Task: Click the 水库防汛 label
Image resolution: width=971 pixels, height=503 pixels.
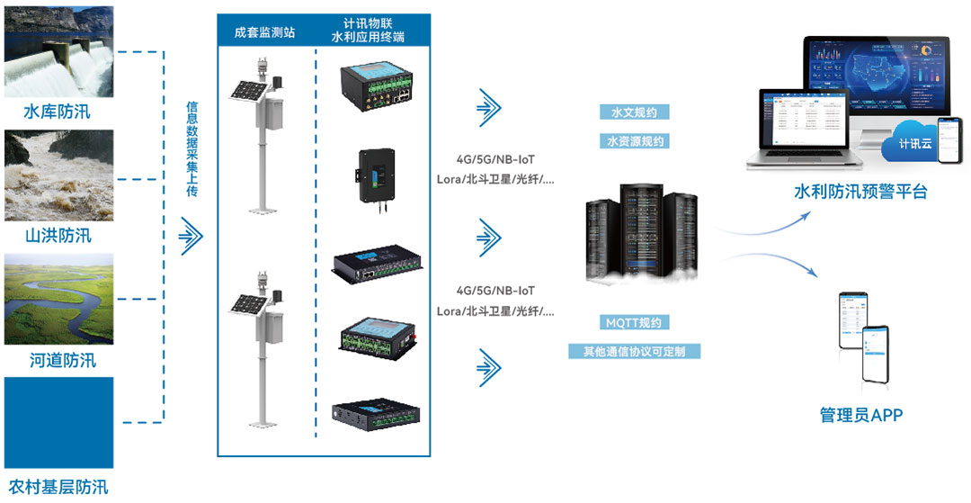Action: point(58,112)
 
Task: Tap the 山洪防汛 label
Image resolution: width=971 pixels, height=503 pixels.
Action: point(58,236)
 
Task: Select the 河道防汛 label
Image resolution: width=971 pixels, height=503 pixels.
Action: point(58,361)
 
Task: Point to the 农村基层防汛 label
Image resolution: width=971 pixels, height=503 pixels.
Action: point(58,488)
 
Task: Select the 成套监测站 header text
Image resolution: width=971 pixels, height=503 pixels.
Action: point(264,33)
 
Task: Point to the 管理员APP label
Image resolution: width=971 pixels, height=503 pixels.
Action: point(860,415)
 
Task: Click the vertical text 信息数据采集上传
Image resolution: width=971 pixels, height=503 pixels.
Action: point(191,148)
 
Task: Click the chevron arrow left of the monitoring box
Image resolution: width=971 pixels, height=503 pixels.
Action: point(191,236)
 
